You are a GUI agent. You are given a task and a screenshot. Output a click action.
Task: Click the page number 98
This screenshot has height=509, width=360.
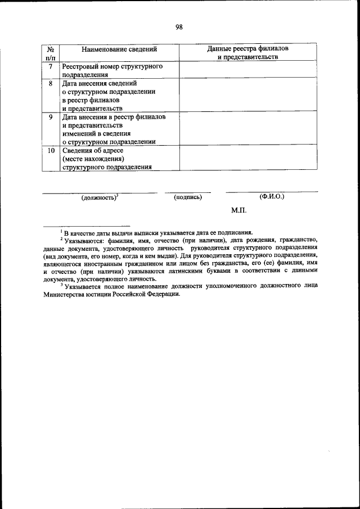(x=179, y=27)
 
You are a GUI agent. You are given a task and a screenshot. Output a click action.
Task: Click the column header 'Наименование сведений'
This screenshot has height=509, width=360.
(x=118, y=49)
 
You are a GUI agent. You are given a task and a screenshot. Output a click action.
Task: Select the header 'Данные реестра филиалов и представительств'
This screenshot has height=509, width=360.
(x=247, y=53)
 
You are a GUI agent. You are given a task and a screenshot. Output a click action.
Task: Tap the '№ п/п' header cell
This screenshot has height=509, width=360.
(x=51, y=53)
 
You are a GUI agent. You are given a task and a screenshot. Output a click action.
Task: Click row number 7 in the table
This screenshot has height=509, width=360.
(x=51, y=66)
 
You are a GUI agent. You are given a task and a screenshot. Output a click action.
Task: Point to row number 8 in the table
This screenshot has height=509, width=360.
(x=51, y=83)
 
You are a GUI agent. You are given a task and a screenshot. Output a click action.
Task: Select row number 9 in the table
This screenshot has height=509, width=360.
(x=51, y=117)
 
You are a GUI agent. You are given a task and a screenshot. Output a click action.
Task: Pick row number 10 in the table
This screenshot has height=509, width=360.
(x=51, y=151)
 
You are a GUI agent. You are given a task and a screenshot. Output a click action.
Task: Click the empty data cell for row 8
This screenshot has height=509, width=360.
(x=247, y=96)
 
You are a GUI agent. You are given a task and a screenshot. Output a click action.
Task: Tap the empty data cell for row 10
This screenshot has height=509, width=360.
(x=247, y=159)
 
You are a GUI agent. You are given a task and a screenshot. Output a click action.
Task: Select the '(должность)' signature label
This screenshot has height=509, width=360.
(x=99, y=197)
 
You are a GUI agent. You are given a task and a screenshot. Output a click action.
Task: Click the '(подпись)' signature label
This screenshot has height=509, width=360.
(x=188, y=197)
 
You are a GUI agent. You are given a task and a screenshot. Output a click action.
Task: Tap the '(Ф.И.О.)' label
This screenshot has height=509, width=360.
(x=272, y=197)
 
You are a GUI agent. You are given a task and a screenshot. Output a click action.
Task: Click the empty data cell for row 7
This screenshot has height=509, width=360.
(x=247, y=70)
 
